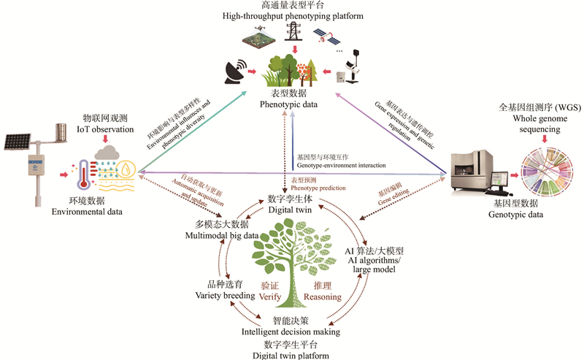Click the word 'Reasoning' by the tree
(323, 296)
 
